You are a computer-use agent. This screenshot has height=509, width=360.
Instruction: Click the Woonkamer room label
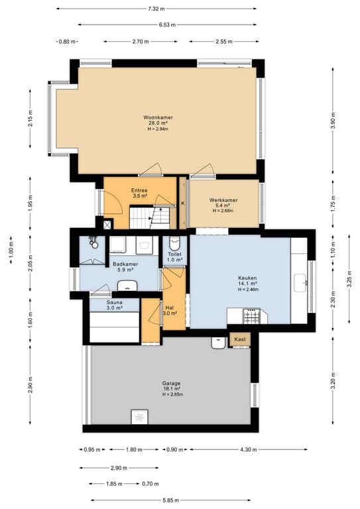point(158,117)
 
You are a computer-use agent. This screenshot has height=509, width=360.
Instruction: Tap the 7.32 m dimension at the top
point(156,9)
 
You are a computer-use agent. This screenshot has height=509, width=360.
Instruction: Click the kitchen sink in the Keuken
point(300,283)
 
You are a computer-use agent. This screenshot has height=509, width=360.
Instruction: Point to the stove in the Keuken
point(251,316)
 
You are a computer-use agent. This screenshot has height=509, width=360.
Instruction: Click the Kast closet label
point(240,339)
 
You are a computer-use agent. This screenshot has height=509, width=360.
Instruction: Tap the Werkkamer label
point(223,200)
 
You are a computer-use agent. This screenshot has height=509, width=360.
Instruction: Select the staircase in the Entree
point(150,217)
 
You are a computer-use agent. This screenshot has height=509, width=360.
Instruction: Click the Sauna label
point(115,302)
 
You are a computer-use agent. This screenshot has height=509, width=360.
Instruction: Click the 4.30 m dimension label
point(249,449)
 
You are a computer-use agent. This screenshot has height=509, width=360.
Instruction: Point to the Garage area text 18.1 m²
point(172,388)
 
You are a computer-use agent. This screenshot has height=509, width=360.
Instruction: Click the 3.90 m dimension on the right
point(333,121)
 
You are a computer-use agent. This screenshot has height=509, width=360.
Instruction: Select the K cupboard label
point(183,203)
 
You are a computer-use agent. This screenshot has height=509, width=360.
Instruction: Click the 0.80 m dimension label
point(67,42)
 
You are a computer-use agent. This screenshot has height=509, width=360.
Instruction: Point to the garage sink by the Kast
point(219,343)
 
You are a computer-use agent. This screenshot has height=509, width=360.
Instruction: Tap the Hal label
point(170,308)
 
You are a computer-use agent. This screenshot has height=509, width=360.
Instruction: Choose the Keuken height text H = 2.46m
point(249,289)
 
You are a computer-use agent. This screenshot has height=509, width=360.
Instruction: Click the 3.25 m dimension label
point(349,279)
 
